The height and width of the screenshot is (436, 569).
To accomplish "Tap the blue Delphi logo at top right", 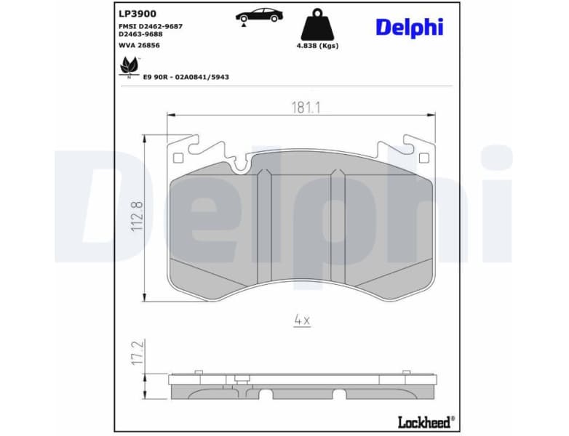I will point(409,27).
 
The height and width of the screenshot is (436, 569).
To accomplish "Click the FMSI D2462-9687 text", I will point(150,25).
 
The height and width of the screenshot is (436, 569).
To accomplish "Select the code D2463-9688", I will point(140,34).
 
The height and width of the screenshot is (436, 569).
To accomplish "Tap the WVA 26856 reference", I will point(139,45).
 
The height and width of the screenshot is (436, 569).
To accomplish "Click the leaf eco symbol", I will point(128,66).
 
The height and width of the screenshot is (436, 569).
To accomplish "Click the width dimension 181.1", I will point(306,107).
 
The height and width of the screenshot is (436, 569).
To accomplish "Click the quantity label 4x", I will point(302,320).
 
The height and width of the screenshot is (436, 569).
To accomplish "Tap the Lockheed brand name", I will point(425,421).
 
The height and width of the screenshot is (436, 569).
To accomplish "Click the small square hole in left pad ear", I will point(178,158).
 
